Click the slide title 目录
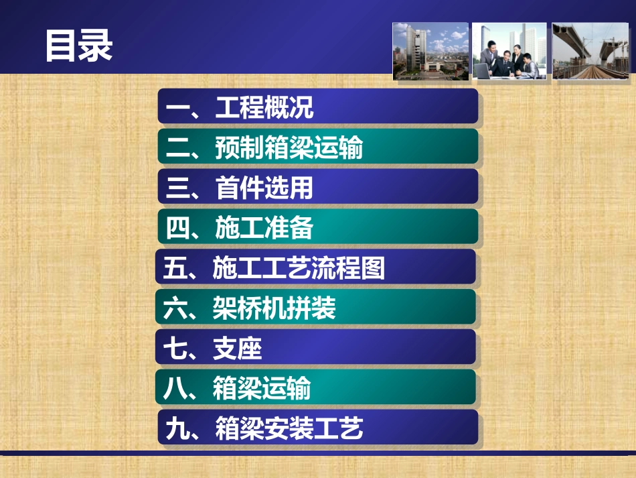(x=79, y=46)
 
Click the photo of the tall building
(x=430, y=52)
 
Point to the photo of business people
(x=509, y=52)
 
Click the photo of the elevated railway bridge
(x=590, y=52)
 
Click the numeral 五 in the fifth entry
(x=175, y=268)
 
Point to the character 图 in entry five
(x=373, y=268)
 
